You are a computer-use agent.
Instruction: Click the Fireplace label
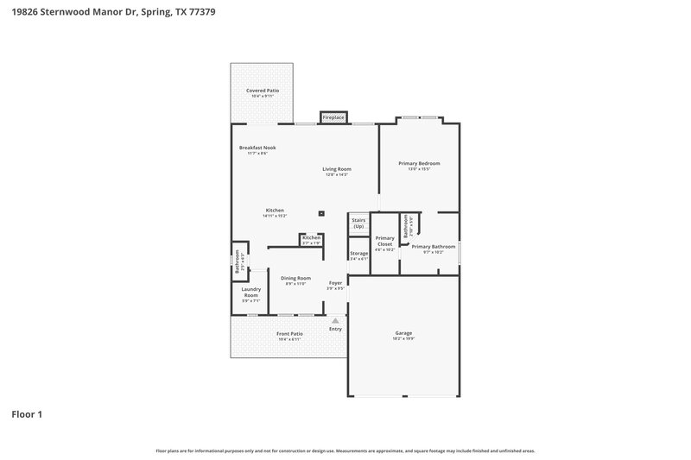(333, 117)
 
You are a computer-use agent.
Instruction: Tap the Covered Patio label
(263, 90)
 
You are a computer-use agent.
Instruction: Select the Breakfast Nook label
(257, 148)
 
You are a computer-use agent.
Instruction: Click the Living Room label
(337, 168)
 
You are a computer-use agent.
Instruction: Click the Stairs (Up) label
(358, 223)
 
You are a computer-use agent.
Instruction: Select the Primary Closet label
(385, 241)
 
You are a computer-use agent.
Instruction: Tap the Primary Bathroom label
(434, 246)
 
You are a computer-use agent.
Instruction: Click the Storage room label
(358, 253)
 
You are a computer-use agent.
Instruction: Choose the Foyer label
(336, 283)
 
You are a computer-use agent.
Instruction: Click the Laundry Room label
(250, 293)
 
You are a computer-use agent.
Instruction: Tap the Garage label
(403, 333)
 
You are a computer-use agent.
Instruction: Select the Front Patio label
(290, 334)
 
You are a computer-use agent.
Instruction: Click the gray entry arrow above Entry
(336, 320)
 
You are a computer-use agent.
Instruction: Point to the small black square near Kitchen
(321, 212)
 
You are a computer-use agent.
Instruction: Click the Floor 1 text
(27, 414)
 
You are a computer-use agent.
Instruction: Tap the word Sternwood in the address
(67, 12)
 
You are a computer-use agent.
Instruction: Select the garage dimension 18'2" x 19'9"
(403, 339)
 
